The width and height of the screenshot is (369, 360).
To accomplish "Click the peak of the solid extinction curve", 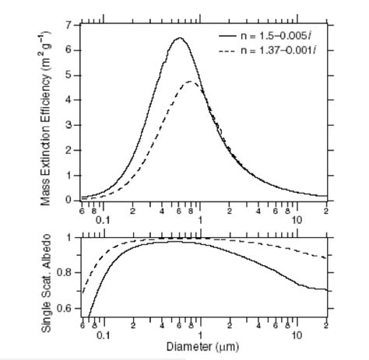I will (179, 38).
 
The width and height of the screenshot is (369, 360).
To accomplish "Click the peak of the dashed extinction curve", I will (191, 81).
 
